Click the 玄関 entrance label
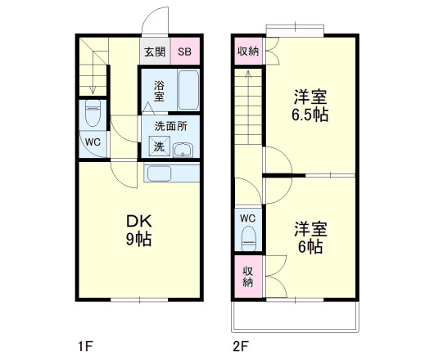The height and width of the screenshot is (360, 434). tap(155, 52)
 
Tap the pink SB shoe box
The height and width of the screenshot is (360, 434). tap(184, 52)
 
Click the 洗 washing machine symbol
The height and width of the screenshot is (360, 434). tap(157, 147)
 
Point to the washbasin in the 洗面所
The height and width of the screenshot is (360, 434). tap(183, 149)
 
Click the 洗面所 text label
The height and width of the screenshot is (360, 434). tap(170, 128)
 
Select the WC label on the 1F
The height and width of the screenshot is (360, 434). tap(92, 141)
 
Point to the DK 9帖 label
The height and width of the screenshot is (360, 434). tap(138, 230)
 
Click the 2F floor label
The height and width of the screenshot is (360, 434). tap(239, 344)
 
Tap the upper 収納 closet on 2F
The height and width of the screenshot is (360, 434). tap(247, 52)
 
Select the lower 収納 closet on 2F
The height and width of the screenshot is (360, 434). tap(247, 277)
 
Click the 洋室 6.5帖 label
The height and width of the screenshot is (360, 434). tap(311, 106)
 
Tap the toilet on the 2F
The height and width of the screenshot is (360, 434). tap(248, 236)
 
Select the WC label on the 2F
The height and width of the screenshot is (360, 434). tap(248, 218)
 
